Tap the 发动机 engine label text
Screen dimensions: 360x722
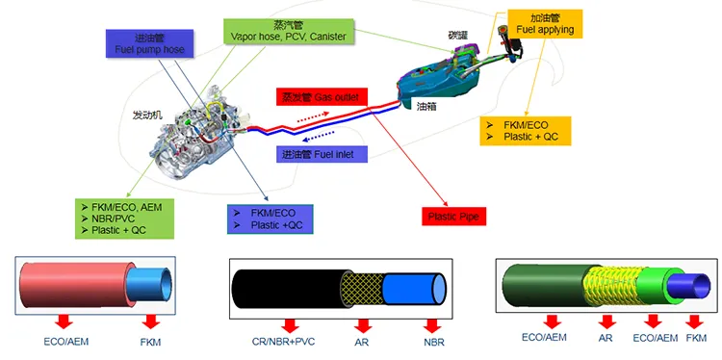tap(147, 115)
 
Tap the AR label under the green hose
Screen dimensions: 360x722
tap(606, 339)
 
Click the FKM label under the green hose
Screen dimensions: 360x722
tap(695, 339)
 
